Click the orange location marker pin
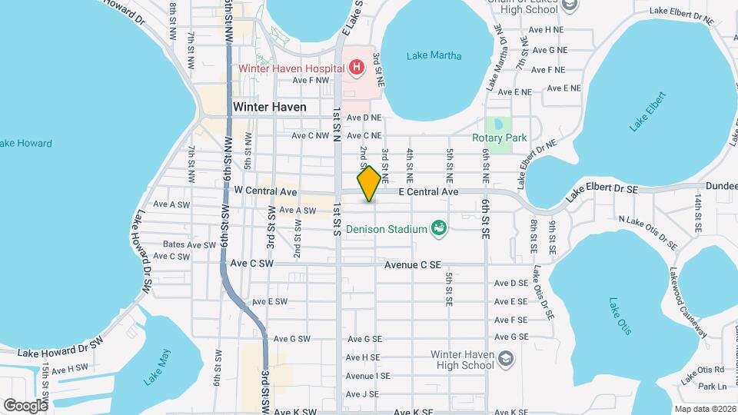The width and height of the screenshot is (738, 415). [369, 184]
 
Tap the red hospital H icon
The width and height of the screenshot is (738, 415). [357, 68]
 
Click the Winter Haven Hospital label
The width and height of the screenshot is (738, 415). [289, 68]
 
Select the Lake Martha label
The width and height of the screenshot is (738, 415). [434, 55]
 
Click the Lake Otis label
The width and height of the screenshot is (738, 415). [620, 316]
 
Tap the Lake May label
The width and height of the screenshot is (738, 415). [158, 367]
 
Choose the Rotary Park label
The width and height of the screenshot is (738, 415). [500, 138]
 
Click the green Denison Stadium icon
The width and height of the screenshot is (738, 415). [438, 228]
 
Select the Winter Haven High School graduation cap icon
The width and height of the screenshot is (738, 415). [505, 359]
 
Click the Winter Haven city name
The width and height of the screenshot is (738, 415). [269, 108]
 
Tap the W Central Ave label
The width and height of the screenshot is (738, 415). [265, 190]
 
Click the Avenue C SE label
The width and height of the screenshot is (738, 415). [413, 265]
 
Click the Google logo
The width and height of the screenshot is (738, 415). [25, 405]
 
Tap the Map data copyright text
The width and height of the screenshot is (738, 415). [703, 409]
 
